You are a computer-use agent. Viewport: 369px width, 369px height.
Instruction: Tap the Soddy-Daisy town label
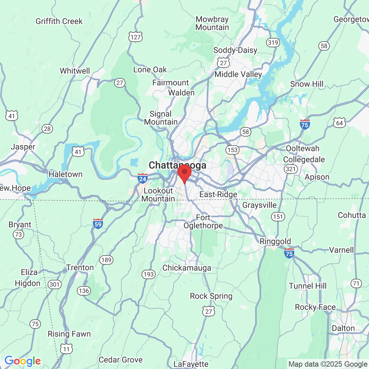(x=235, y=50)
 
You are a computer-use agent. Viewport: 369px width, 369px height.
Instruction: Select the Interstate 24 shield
(x=143, y=178)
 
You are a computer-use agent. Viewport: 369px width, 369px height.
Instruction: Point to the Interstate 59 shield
(x=98, y=224)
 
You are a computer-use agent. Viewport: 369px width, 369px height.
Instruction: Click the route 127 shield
(x=136, y=37)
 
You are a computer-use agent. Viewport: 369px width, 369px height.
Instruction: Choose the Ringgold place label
(x=275, y=242)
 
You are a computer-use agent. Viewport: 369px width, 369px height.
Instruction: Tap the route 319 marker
(x=273, y=42)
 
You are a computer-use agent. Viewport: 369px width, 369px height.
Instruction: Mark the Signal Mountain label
(x=161, y=118)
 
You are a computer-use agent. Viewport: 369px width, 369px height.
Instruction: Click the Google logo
(x=22, y=361)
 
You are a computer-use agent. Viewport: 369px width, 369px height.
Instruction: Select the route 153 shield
(x=232, y=150)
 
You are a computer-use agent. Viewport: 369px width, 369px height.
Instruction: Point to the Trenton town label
(x=80, y=268)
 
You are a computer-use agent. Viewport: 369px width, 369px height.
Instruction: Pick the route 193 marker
(x=149, y=274)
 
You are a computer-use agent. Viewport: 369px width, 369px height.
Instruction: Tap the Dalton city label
(x=343, y=328)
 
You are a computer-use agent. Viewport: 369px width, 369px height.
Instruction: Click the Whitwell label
(x=75, y=71)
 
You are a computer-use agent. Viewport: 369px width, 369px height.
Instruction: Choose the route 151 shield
(x=278, y=217)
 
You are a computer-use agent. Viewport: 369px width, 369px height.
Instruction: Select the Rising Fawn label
(x=69, y=334)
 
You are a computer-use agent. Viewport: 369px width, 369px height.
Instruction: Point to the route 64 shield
(x=339, y=123)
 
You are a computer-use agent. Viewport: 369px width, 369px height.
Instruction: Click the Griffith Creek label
(x=59, y=21)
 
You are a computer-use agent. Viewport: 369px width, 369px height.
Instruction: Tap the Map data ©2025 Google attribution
(x=328, y=364)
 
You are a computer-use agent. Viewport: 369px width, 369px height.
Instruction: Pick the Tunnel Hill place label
(x=308, y=286)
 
